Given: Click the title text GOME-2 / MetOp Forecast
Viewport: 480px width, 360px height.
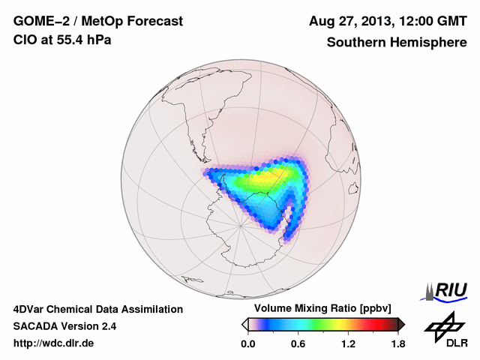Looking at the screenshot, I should [x=98, y=22].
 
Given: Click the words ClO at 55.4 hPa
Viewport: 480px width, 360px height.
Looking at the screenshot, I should [x=61, y=40].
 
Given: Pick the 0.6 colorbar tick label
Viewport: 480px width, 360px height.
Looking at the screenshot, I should [x=298, y=344].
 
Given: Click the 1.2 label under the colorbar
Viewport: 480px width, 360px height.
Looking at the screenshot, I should [x=348, y=344].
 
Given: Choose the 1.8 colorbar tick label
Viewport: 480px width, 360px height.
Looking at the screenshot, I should [x=397, y=344].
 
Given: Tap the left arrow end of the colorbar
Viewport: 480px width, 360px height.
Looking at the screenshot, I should [x=244, y=324].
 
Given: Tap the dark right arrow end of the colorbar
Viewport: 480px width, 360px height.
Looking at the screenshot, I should [x=401, y=324].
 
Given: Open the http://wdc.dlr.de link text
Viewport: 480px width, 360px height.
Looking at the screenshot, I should [x=54, y=343].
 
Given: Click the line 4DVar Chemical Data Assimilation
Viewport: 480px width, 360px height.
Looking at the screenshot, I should [x=97, y=309].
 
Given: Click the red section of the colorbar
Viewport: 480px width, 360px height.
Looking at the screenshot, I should [x=375, y=324].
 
